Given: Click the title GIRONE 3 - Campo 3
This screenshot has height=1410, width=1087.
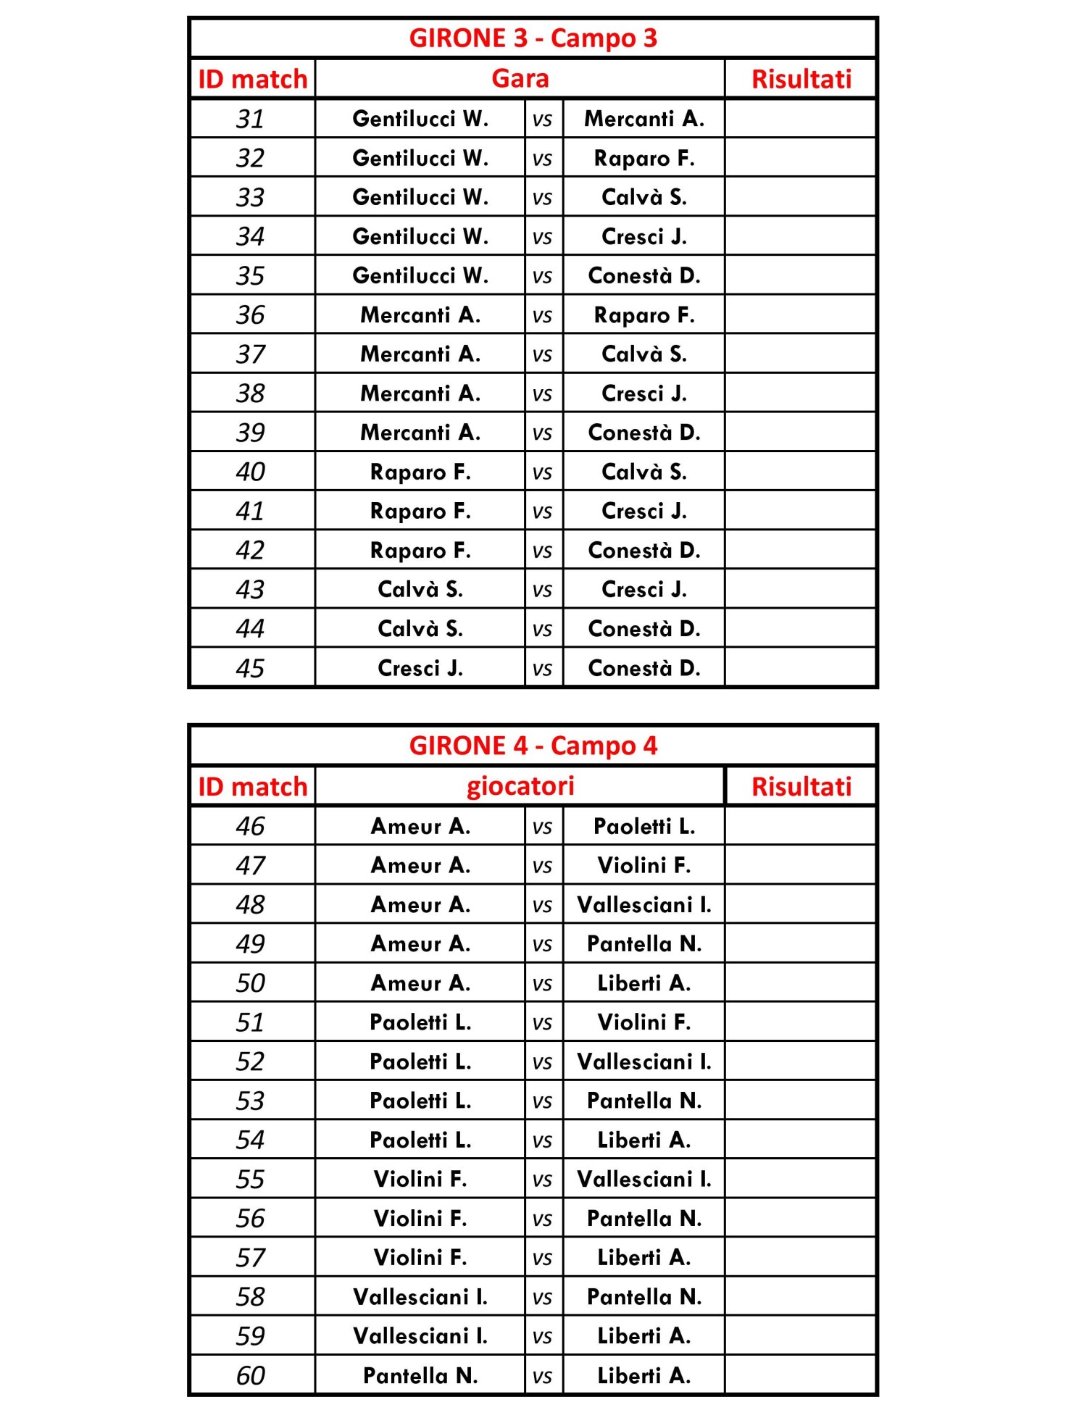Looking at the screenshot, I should (x=533, y=38).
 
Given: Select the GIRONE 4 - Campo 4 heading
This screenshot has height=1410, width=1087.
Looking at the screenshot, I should (x=533, y=746).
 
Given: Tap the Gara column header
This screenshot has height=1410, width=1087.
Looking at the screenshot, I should (x=520, y=78).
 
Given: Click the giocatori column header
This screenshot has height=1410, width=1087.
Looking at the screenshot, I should (x=520, y=786).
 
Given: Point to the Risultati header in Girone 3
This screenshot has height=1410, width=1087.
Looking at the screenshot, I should (x=801, y=79).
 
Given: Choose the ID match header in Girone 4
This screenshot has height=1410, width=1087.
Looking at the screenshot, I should (x=252, y=787).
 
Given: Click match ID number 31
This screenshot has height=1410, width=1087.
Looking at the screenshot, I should (x=250, y=119).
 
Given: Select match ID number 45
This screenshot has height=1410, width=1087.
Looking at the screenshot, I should (x=250, y=668).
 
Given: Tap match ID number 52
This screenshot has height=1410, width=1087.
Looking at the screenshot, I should (x=250, y=1061).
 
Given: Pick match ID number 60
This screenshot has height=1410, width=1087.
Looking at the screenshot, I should (x=250, y=1375).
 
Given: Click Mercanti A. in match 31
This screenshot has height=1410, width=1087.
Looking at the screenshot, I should (x=644, y=119).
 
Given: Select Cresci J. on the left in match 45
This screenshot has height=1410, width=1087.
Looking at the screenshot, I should (x=420, y=668).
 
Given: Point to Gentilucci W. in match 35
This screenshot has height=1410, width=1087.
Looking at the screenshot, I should (x=420, y=275).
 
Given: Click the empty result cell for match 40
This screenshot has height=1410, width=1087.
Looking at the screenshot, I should (x=801, y=472).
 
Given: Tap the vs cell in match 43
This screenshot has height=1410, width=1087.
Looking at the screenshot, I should (x=542, y=590).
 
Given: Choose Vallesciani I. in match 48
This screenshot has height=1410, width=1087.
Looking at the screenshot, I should (x=644, y=904).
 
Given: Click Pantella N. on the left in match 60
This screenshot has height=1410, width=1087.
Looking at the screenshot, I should (x=420, y=1375).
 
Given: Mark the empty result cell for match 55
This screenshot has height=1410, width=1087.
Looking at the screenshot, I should (x=801, y=1179).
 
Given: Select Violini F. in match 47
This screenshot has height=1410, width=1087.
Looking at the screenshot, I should (x=644, y=865).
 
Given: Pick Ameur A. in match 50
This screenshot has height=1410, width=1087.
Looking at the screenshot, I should (x=420, y=983).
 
